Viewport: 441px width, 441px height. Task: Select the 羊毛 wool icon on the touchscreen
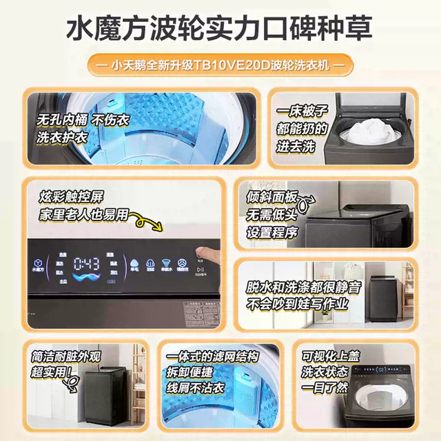point(134,265)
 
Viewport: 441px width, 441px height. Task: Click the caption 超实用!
point(49,373)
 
